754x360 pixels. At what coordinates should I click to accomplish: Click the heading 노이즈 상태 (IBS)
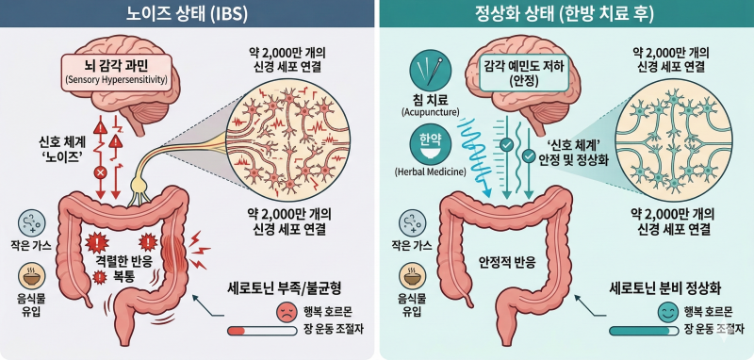[x=187, y=13]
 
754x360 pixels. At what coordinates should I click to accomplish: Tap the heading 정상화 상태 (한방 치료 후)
[x=566, y=13]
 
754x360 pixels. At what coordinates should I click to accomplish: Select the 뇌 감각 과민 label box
[x=116, y=73]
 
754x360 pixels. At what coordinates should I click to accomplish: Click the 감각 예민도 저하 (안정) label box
[x=512, y=73]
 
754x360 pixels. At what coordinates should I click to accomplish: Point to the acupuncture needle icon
[x=431, y=73]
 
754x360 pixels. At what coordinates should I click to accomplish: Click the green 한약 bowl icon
[x=431, y=146]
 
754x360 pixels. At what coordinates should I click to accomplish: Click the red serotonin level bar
[x=263, y=331]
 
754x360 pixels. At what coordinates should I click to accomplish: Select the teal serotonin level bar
[x=644, y=331]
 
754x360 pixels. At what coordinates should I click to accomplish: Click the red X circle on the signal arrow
[x=101, y=172]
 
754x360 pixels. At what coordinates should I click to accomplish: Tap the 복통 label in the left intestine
[x=123, y=277]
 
